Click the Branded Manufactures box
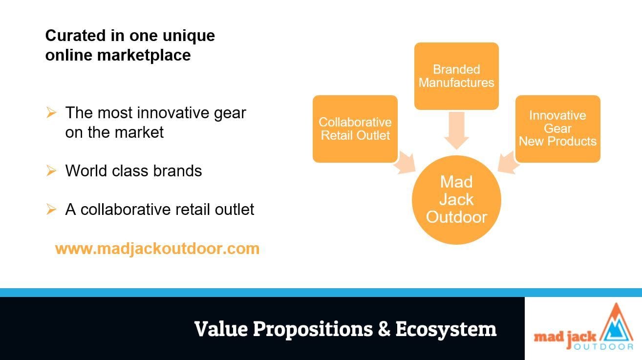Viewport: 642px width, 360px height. click(456, 76)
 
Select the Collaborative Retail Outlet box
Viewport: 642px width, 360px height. click(355, 129)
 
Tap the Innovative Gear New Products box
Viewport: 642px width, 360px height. click(558, 129)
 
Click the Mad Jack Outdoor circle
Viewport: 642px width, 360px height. click(456, 200)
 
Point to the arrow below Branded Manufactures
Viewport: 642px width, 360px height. click(456, 130)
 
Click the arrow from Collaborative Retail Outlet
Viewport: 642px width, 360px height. click(405, 163)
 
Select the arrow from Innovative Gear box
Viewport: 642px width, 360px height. click(509, 163)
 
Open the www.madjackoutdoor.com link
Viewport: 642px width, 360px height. click(157, 249)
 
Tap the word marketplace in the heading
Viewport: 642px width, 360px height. click(144, 55)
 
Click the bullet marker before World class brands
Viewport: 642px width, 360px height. click(51, 171)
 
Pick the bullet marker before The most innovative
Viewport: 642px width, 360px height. click(51, 113)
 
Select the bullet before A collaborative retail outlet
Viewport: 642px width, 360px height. click(51, 209)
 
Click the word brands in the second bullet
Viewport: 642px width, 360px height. click(177, 171)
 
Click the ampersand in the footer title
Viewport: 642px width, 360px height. click(384, 329)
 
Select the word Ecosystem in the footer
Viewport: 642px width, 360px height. click(446, 330)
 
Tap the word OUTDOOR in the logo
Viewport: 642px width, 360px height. click(603, 347)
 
